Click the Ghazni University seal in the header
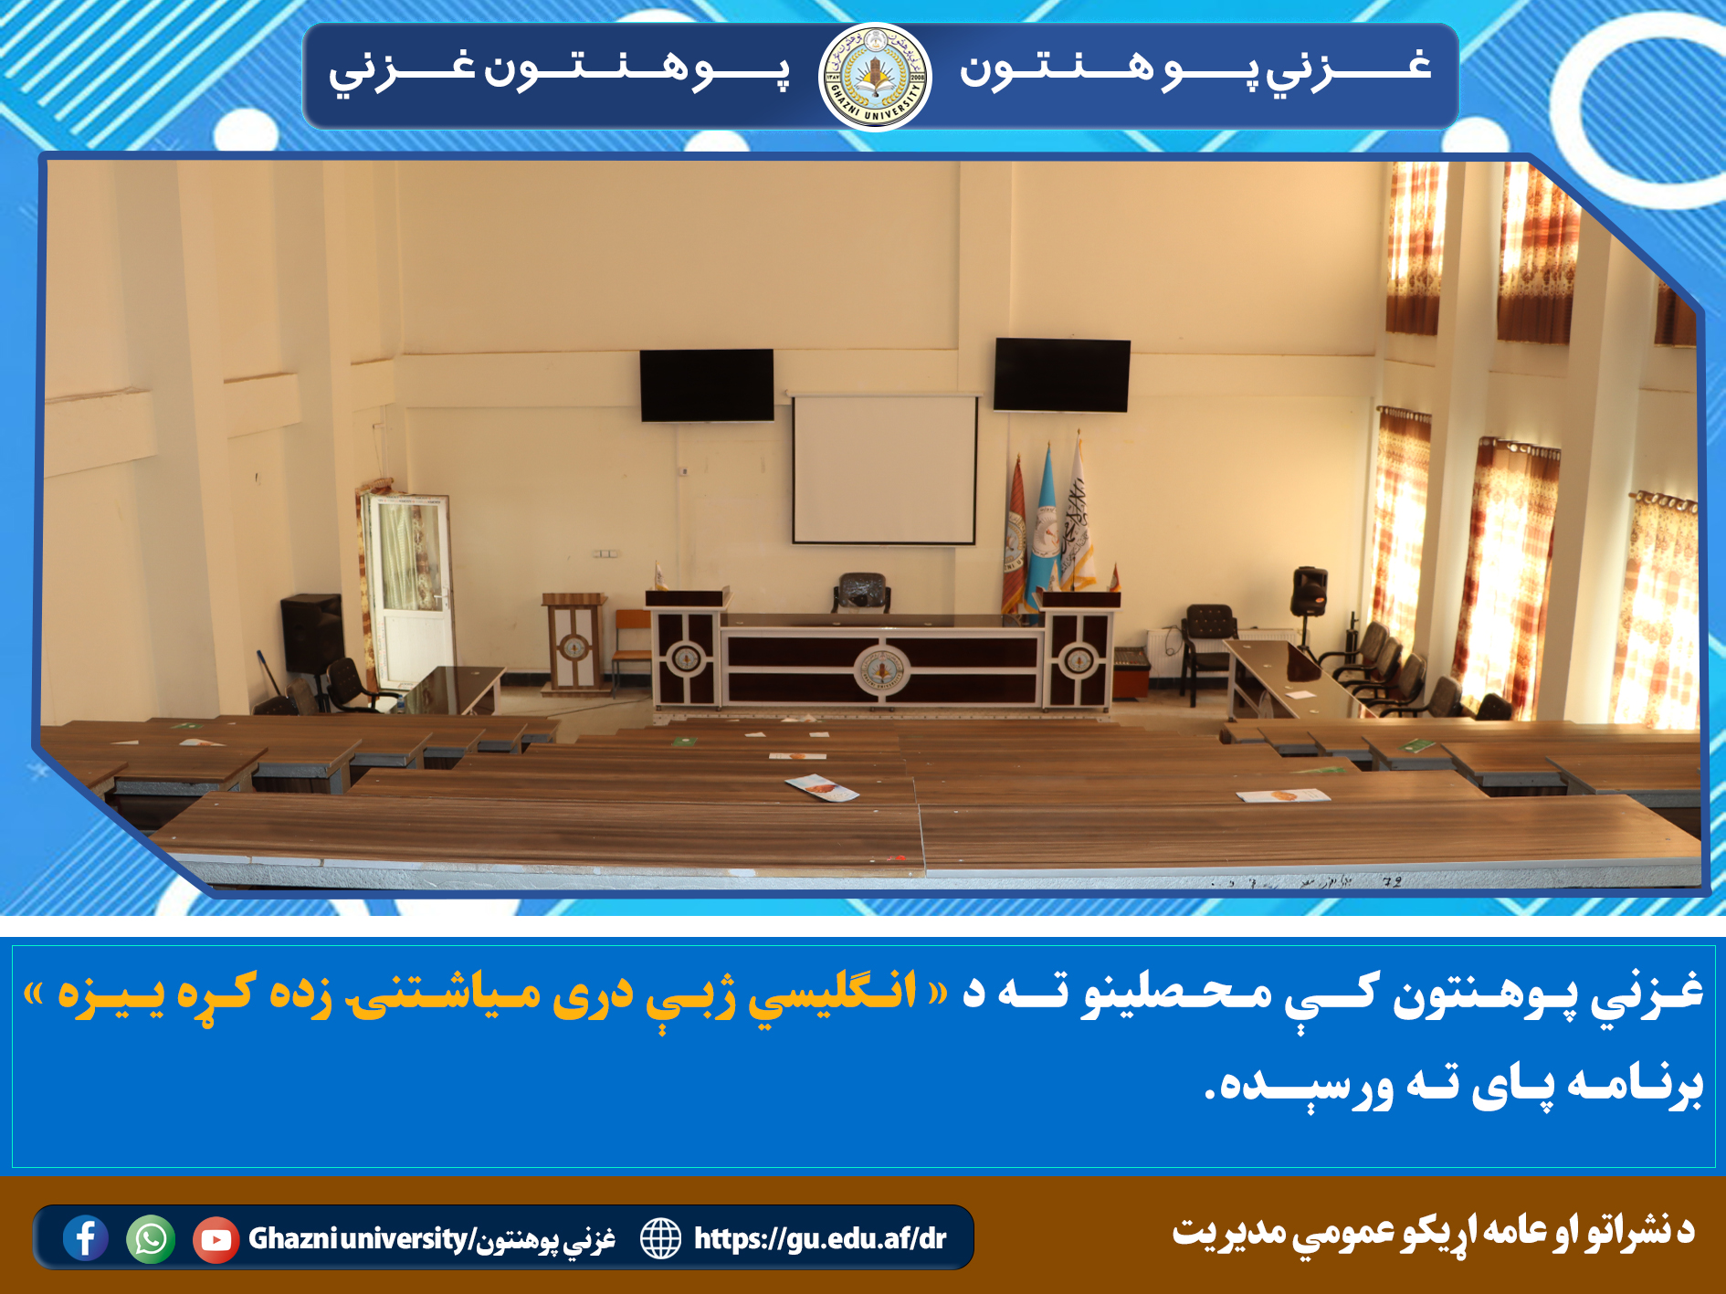pyautogui.click(x=875, y=78)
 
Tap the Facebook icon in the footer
pyautogui.click(x=86, y=1238)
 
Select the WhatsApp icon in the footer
pyautogui.click(x=151, y=1239)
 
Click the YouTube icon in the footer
pyautogui.click(x=216, y=1239)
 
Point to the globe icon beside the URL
pyautogui.click(x=660, y=1238)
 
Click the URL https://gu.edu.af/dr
pyautogui.click(x=820, y=1238)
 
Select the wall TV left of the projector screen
pyautogui.click(x=707, y=384)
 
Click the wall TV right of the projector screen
pyautogui.click(x=1061, y=374)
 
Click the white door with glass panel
pyautogui.click(x=408, y=590)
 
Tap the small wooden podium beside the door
pyautogui.click(x=574, y=642)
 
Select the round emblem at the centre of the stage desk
pyautogui.click(x=881, y=670)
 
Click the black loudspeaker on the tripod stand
pyautogui.click(x=1309, y=591)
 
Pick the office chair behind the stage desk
pyautogui.click(x=860, y=594)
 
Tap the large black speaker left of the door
pyautogui.click(x=311, y=634)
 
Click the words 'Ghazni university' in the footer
pyautogui.click(x=358, y=1239)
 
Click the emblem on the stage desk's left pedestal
pyautogui.click(x=686, y=658)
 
